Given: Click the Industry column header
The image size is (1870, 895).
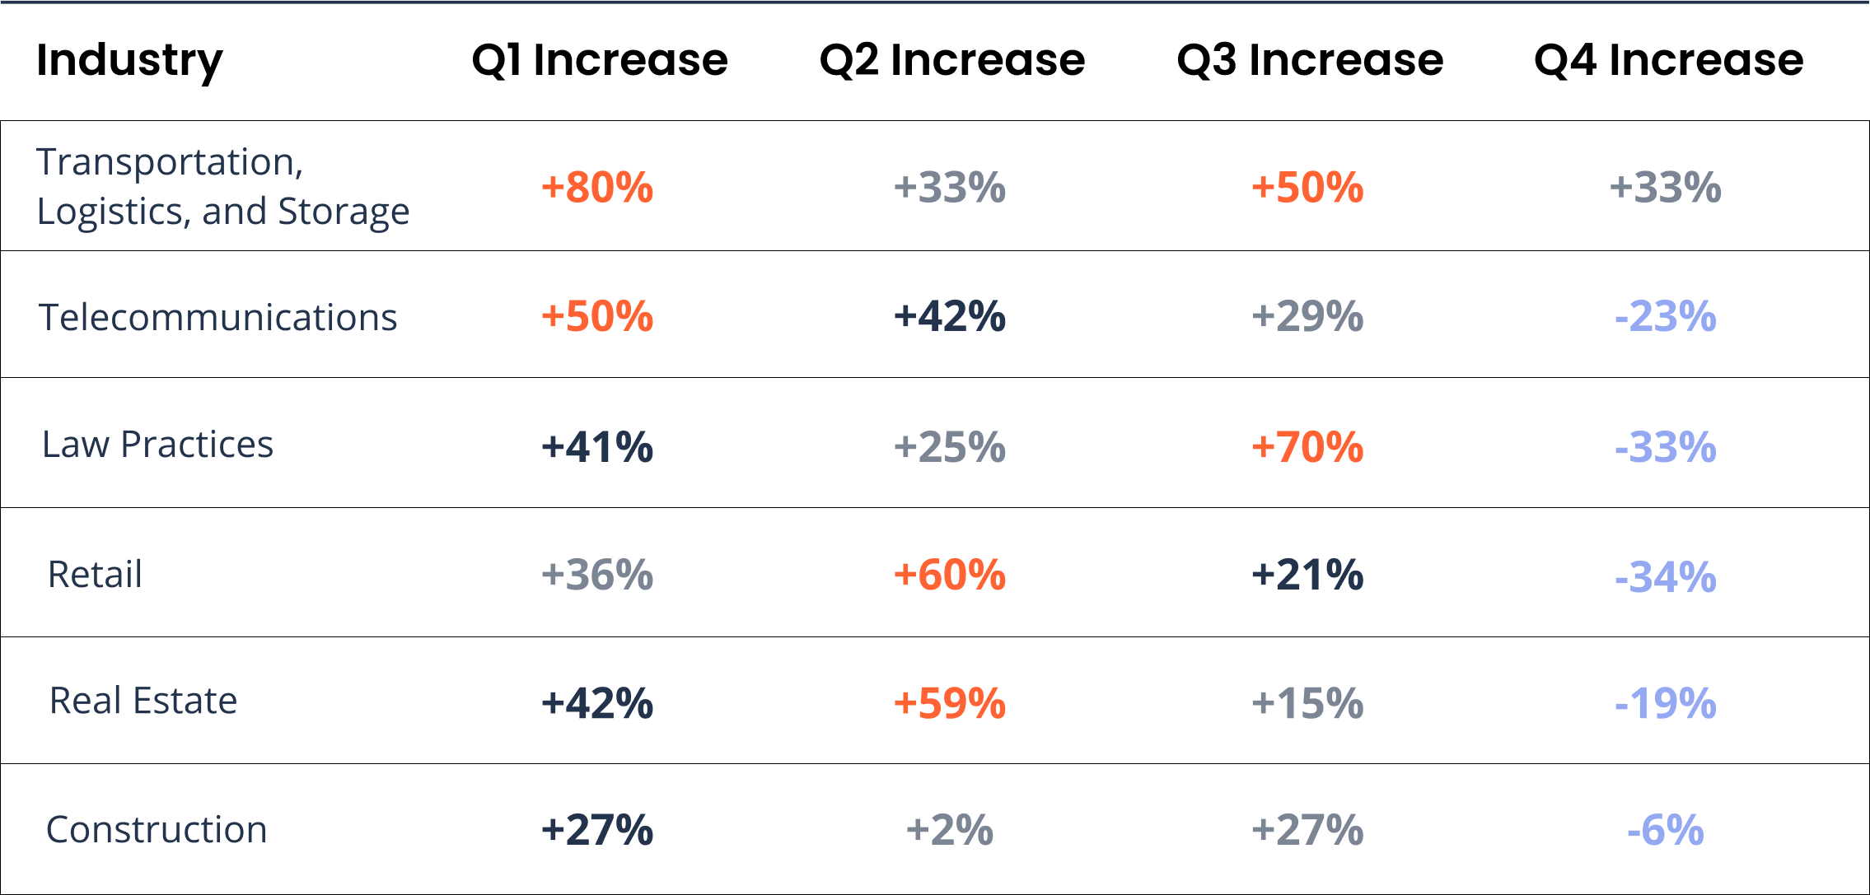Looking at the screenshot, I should [x=129, y=61].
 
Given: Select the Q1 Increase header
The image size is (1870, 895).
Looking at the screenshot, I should [x=600, y=61].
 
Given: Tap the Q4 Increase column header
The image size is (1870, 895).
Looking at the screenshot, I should [x=1668, y=61].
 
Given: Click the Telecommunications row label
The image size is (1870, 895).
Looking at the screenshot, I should [x=217, y=318].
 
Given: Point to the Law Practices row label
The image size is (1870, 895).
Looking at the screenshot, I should [x=157, y=445].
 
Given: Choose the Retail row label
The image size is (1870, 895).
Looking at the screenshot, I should [x=95, y=575].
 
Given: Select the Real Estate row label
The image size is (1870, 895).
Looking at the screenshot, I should [x=143, y=702].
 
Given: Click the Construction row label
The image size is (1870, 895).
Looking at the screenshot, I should [x=157, y=830].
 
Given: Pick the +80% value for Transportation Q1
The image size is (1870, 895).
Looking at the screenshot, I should [x=597, y=188].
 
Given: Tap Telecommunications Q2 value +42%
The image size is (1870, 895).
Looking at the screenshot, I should [x=950, y=317].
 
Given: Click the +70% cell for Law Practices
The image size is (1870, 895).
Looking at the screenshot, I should [x=1307, y=447].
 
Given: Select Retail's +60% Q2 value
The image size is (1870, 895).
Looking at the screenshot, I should [x=950, y=575].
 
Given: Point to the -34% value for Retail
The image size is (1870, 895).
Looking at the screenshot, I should [x=1665, y=576].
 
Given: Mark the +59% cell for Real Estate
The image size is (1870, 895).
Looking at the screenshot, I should [x=950, y=703].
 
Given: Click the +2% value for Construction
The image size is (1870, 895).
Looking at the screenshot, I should [x=950, y=830].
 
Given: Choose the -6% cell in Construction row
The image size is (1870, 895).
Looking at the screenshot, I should [x=1665, y=830].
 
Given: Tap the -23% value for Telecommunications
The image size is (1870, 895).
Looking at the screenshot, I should [x=1665, y=317].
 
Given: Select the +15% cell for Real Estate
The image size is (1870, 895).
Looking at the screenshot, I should [x=1307, y=703].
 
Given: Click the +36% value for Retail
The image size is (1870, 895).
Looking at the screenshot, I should [x=597, y=575].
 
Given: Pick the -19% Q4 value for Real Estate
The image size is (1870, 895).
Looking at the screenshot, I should [x=1665, y=703].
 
